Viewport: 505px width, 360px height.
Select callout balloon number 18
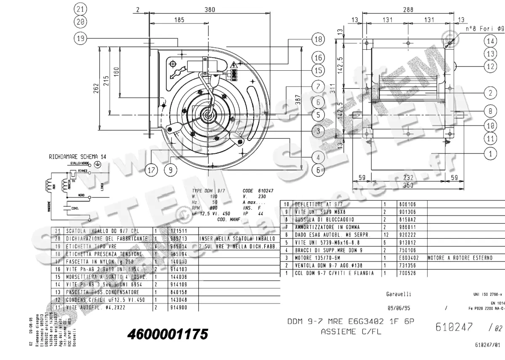[319, 39]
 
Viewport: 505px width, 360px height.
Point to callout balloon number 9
[170, 170]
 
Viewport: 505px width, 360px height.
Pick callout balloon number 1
[490, 154]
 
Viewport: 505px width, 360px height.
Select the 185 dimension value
[179, 19]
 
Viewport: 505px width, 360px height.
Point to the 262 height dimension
[96, 88]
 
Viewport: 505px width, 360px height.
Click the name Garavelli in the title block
[399, 293]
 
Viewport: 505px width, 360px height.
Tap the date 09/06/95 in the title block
[399, 308]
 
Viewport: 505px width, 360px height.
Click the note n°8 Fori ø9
[484, 29]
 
